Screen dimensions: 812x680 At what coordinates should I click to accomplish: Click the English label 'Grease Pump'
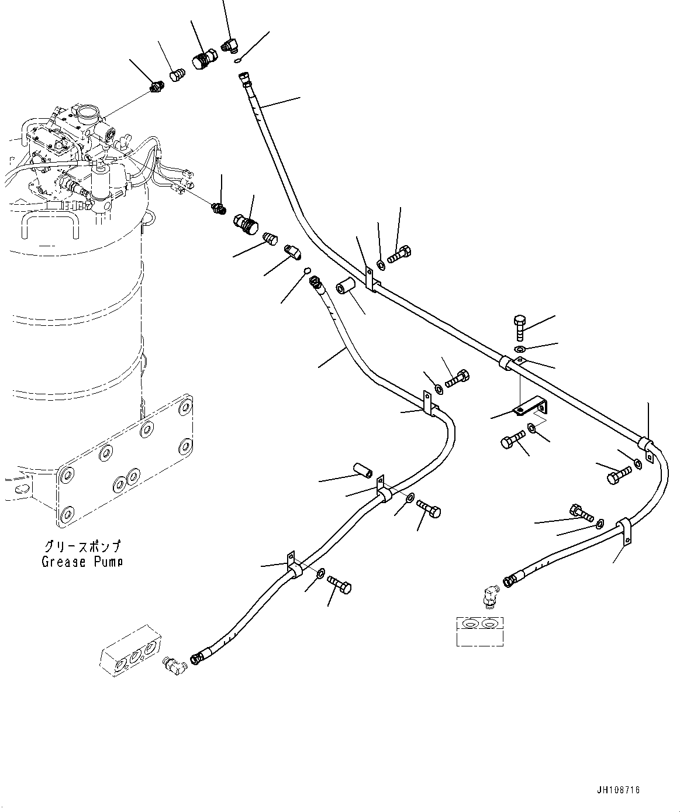[82, 562]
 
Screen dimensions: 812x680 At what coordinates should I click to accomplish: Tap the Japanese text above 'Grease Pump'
[82, 547]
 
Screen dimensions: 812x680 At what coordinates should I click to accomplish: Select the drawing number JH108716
[618, 790]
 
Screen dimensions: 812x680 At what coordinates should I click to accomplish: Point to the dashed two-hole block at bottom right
[479, 631]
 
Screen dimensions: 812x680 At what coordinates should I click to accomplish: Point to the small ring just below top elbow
[236, 61]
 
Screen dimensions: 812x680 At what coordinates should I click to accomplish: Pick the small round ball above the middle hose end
[305, 270]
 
